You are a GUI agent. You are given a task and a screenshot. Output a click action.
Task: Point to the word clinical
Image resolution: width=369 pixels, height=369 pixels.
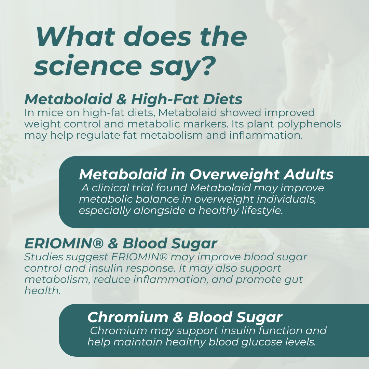coord(111,188)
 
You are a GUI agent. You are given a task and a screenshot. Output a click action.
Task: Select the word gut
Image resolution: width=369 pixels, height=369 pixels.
coord(293,279)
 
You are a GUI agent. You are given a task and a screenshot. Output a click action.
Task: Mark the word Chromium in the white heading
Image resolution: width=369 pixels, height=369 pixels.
coord(127,317)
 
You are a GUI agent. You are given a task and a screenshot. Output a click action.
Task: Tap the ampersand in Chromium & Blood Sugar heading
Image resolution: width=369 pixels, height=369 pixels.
coord(178,317)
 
